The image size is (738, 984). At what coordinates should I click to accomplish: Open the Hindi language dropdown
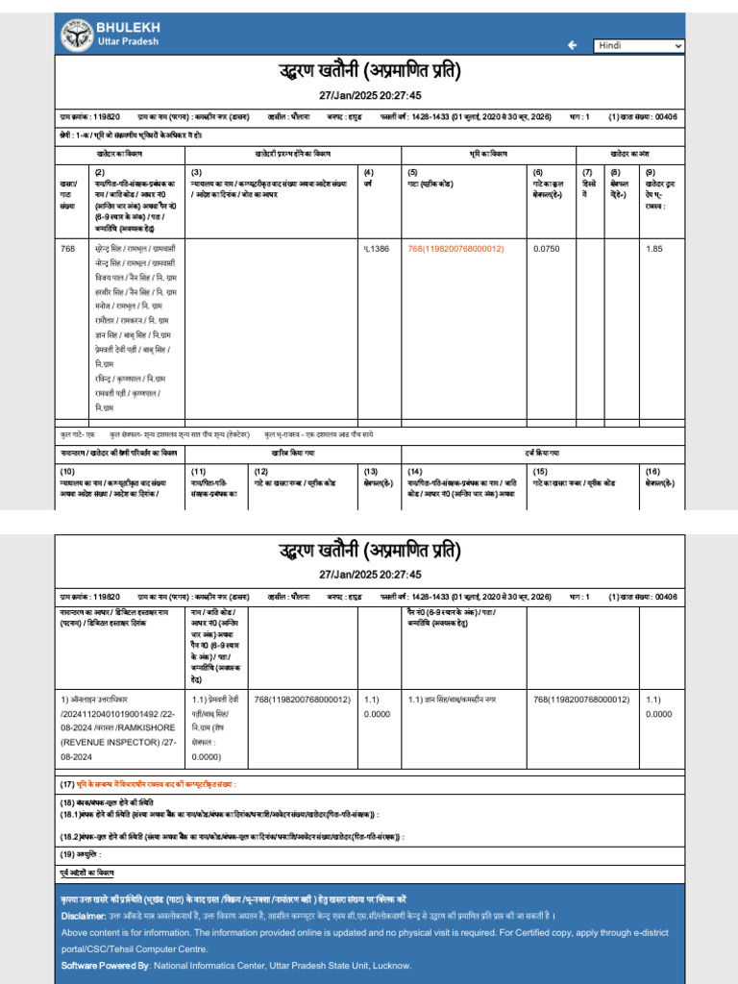[639, 45]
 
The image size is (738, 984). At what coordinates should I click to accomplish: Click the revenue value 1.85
[654, 248]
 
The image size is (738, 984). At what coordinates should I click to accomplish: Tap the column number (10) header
[67, 471]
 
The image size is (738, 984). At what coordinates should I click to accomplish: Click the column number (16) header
[653, 471]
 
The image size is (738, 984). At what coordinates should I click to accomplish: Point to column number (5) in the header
[412, 171]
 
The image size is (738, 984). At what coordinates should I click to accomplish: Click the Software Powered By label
[106, 965]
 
